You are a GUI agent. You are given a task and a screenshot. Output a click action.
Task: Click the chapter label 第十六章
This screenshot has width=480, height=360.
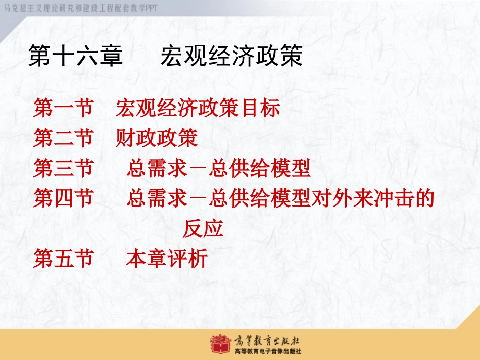coord(75,56)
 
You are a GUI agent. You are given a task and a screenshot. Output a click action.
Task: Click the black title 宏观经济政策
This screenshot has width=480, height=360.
coord(232,56)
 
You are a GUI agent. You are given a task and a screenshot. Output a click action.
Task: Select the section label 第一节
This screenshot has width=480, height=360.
coord(63,108)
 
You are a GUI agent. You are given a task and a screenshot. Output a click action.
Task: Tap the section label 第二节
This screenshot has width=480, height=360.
coord(63,138)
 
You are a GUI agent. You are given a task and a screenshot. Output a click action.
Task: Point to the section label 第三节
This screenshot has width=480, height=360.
coord(63,168)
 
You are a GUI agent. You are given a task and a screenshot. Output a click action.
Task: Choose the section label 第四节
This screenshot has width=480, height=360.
coord(63,197)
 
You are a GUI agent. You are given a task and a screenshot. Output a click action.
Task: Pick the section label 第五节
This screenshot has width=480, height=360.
coord(63,258)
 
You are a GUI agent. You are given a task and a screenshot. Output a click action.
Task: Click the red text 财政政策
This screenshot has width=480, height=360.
coord(157,138)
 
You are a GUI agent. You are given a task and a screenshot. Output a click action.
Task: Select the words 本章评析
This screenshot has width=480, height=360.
coord(167,258)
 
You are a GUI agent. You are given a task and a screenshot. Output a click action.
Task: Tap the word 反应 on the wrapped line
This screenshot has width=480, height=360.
coord(203,228)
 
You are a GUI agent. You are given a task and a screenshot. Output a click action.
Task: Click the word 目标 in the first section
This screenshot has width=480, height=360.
coord(260,108)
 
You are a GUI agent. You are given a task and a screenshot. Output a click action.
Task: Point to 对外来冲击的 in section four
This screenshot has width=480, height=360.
coord(373,197)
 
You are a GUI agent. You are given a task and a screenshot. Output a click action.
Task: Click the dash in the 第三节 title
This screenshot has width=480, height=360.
coord(198,168)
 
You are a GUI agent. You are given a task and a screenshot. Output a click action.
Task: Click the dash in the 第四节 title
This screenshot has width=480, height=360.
coord(198,198)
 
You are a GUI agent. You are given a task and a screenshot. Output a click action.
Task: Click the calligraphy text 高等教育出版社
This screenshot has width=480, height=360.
coord(267,340)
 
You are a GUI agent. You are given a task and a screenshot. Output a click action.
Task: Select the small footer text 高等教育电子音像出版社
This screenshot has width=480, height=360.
coord(268,351)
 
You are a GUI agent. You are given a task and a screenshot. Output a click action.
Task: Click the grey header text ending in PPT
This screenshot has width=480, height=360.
coord(80,8)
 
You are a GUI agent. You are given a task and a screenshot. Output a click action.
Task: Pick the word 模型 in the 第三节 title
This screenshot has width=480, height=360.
coord(290,168)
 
